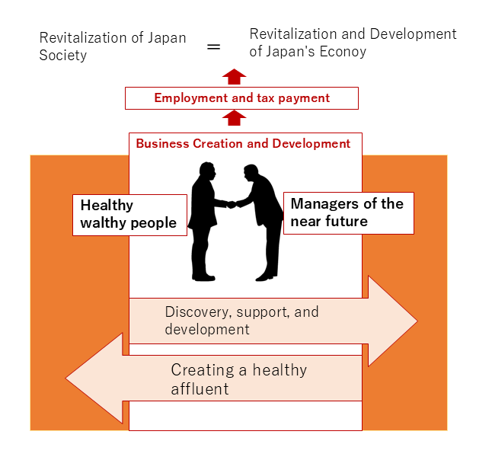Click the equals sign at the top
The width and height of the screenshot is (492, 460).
pyautogui.click(x=214, y=46)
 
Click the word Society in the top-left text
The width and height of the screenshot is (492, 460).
pyautogui.click(x=63, y=56)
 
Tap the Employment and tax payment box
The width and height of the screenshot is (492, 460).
pyautogui.click(x=241, y=97)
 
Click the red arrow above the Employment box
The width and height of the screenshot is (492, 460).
pyautogui.click(x=235, y=76)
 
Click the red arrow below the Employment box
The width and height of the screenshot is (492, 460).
pyautogui.click(x=235, y=117)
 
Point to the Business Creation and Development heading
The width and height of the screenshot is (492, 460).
pyautogui.click(x=243, y=143)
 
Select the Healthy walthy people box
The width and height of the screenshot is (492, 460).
pyautogui.click(x=129, y=214)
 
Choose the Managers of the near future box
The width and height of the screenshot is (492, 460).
pyautogui.click(x=348, y=212)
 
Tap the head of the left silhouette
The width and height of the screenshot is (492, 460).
pyautogui.click(x=206, y=170)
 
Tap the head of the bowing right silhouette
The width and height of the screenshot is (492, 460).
pyautogui.click(x=251, y=172)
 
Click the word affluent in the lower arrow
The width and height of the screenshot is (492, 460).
pyautogui.click(x=200, y=388)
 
